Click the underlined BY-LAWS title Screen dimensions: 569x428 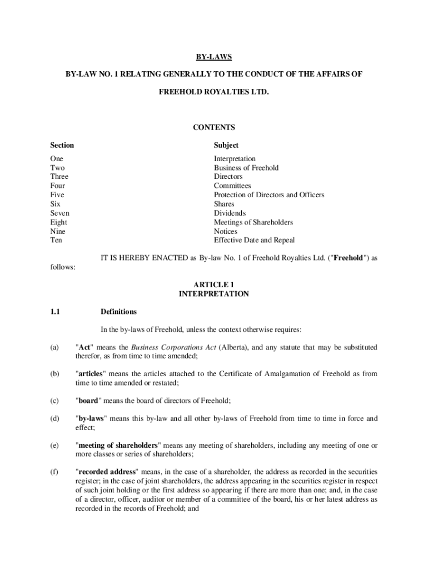click(214, 57)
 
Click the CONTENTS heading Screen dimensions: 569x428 click(214, 127)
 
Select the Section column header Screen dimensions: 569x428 click(62, 146)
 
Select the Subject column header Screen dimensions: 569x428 click(226, 146)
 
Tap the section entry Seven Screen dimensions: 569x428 click(60, 213)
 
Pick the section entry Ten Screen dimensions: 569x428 click(56, 241)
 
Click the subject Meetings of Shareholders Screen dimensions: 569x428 click(253, 222)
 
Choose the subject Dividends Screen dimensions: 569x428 click(230, 213)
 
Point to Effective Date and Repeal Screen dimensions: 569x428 click(254, 241)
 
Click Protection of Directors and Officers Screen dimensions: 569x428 click(269, 195)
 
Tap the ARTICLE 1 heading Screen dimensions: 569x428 click(214, 285)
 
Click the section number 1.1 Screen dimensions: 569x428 click(55, 312)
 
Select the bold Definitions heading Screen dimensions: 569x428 click(118, 312)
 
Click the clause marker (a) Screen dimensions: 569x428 click(54, 347)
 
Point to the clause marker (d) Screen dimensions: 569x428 click(54, 419)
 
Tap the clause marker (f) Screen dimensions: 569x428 click(54, 472)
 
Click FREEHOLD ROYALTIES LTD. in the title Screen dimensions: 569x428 click(214, 91)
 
